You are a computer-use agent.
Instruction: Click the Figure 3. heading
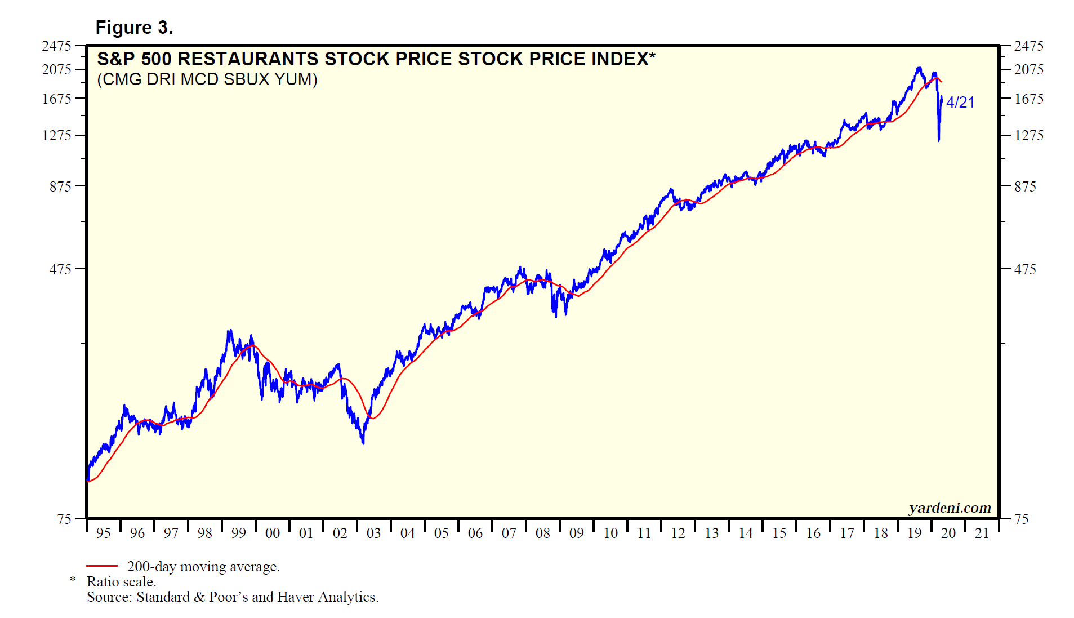(x=134, y=28)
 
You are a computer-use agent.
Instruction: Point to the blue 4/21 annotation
(x=960, y=103)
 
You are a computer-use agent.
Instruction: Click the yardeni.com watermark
(x=950, y=508)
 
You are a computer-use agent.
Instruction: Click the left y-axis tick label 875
(x=60, y=186)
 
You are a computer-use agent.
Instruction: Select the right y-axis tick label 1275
(x=1029, y=135)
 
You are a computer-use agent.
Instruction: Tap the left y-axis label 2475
(x=56, y=46)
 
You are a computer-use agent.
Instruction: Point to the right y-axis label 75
(x=1022, y=519)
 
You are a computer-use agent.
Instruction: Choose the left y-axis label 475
(x=60, y=269)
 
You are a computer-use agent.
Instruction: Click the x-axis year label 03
(x=374, y=533)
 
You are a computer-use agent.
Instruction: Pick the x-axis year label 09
(x=577, y=533)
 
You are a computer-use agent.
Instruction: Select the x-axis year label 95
(x=104, y=533)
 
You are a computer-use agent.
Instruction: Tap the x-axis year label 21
(x=982, y=533)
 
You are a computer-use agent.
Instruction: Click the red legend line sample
(x=102, y=566)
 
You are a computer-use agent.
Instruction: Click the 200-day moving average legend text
(x=203, y=566)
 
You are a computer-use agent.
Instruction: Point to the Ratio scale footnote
(x=121, y=581)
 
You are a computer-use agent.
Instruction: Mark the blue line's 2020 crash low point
(x=939, y=140)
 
